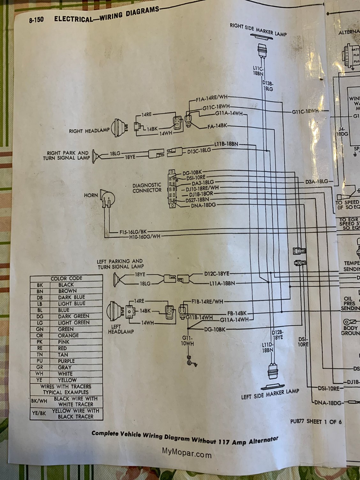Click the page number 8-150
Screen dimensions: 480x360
[36, 20]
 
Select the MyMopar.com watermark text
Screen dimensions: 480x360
[187, 453]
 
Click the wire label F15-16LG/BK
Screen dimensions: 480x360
[134, 231]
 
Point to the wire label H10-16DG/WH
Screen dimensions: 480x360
[145, 237]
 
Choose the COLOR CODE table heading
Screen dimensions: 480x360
[66, 278]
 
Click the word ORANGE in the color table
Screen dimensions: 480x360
[68, 335]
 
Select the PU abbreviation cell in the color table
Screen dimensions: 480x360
[40, 361]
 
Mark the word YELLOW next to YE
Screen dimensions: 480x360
[67, 380]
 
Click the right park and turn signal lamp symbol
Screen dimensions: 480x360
[95, 156]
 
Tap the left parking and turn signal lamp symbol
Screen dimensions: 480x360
[117, 280]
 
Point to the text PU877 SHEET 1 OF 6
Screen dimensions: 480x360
[316, 422]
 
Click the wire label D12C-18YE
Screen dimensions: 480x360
[217, 274]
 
